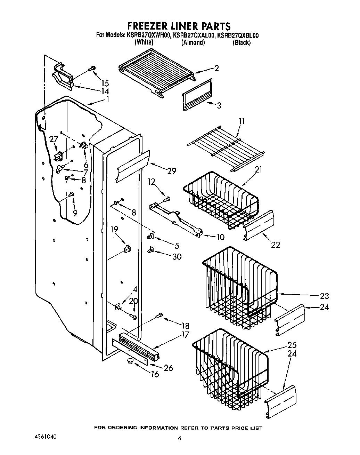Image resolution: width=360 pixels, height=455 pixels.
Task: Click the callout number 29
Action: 171,171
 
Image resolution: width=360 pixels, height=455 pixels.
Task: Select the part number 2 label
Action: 216,68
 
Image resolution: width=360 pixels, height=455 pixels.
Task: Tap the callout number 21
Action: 259,170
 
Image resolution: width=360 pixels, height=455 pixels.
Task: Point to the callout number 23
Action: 324,296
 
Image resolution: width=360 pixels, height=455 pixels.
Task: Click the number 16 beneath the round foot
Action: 155,374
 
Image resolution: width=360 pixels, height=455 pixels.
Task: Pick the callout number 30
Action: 177,257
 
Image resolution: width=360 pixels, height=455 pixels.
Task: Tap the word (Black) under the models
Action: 242,43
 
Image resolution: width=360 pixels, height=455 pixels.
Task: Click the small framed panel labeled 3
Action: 197,95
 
